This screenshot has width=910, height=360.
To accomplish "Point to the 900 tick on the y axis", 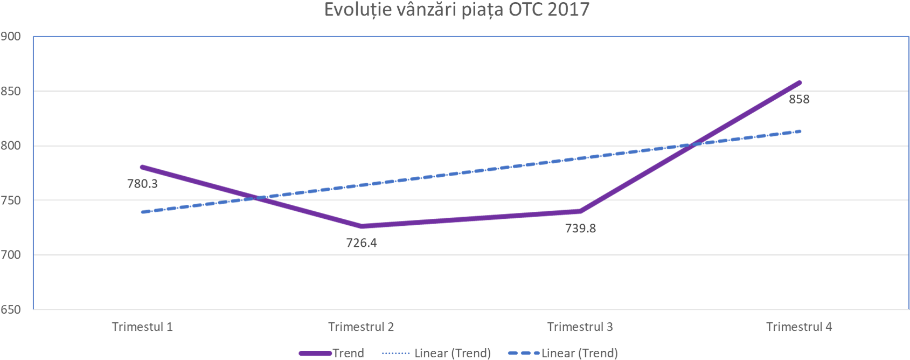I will pyautogui.click(x=11, y=37).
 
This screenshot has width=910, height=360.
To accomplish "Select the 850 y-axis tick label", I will pyautogui.click(x=11, y=91).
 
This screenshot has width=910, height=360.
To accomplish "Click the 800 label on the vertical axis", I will pyautogui.click(x=11, y=146).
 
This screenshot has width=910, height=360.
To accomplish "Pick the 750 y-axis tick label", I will pyautogui.click(x=11, y=200).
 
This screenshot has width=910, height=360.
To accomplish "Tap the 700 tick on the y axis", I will pyautogui.click(x=11, y=255).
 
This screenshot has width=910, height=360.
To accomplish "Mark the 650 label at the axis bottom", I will pyautogui.click(x=11, y=310).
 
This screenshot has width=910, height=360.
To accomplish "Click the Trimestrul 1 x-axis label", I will pyautogui.click(x=142, y=327).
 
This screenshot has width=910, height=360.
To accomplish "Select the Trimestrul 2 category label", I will pyautogui.click(x=361, y=327).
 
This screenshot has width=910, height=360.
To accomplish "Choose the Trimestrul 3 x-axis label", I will pyautogui.click(x=580, y=327).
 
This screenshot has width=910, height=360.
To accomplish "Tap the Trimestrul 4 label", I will pyautogui.click(x=799, y=327).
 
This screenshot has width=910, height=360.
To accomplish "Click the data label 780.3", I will pyautogui.click(x=142, y=184).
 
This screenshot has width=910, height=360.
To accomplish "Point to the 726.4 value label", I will pyautogui.click(x=362, y=243).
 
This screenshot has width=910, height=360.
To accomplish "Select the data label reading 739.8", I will pyautogui.click(x=580, y=229).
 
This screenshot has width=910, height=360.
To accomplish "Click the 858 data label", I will pyautogui.click(x=799, y=99).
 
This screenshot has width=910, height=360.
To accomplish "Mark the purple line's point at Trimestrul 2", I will pyautogui.click(x=361, y=226).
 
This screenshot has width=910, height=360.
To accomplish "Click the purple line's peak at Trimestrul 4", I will pyautogui.click(x=800, y=82).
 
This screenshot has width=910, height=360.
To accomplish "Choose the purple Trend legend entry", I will pyautogui.click(x=332, y=354).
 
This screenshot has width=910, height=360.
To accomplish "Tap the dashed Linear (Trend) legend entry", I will pyautogui.click(x=563, y=354).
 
